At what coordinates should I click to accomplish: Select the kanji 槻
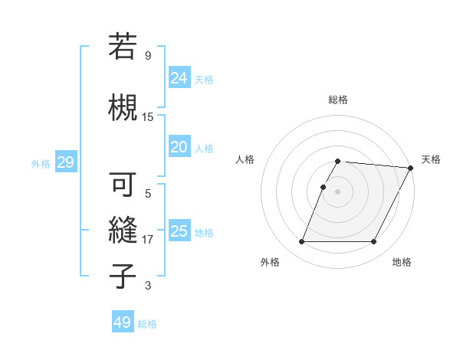pos(123,106)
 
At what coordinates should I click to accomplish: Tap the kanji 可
pos(123,185)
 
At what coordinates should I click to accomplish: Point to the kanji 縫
pos(123,229)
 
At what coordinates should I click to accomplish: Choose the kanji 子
pos(123,276)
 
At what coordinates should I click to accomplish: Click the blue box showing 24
pos(179,77)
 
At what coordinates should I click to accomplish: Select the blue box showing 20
pos(179,147)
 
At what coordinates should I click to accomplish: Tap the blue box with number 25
pos(179,231)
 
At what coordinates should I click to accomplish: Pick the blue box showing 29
pos(65,162)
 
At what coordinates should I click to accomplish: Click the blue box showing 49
pos(122,322)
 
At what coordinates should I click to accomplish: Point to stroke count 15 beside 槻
pos(148,117)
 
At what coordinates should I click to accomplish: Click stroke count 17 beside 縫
pos(148,240)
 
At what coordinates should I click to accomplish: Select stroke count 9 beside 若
pos(148,56)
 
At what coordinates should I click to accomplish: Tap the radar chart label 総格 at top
pos(337,100)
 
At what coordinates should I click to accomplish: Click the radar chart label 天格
pos(431,159)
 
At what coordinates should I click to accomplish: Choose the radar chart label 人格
pos(245,159)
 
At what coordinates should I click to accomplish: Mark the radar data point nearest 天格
pos(411,168)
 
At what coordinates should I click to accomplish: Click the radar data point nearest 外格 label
pos(301,242)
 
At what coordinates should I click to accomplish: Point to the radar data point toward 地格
pos(373,242)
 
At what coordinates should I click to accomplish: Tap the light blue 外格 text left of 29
pos(40,163)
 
